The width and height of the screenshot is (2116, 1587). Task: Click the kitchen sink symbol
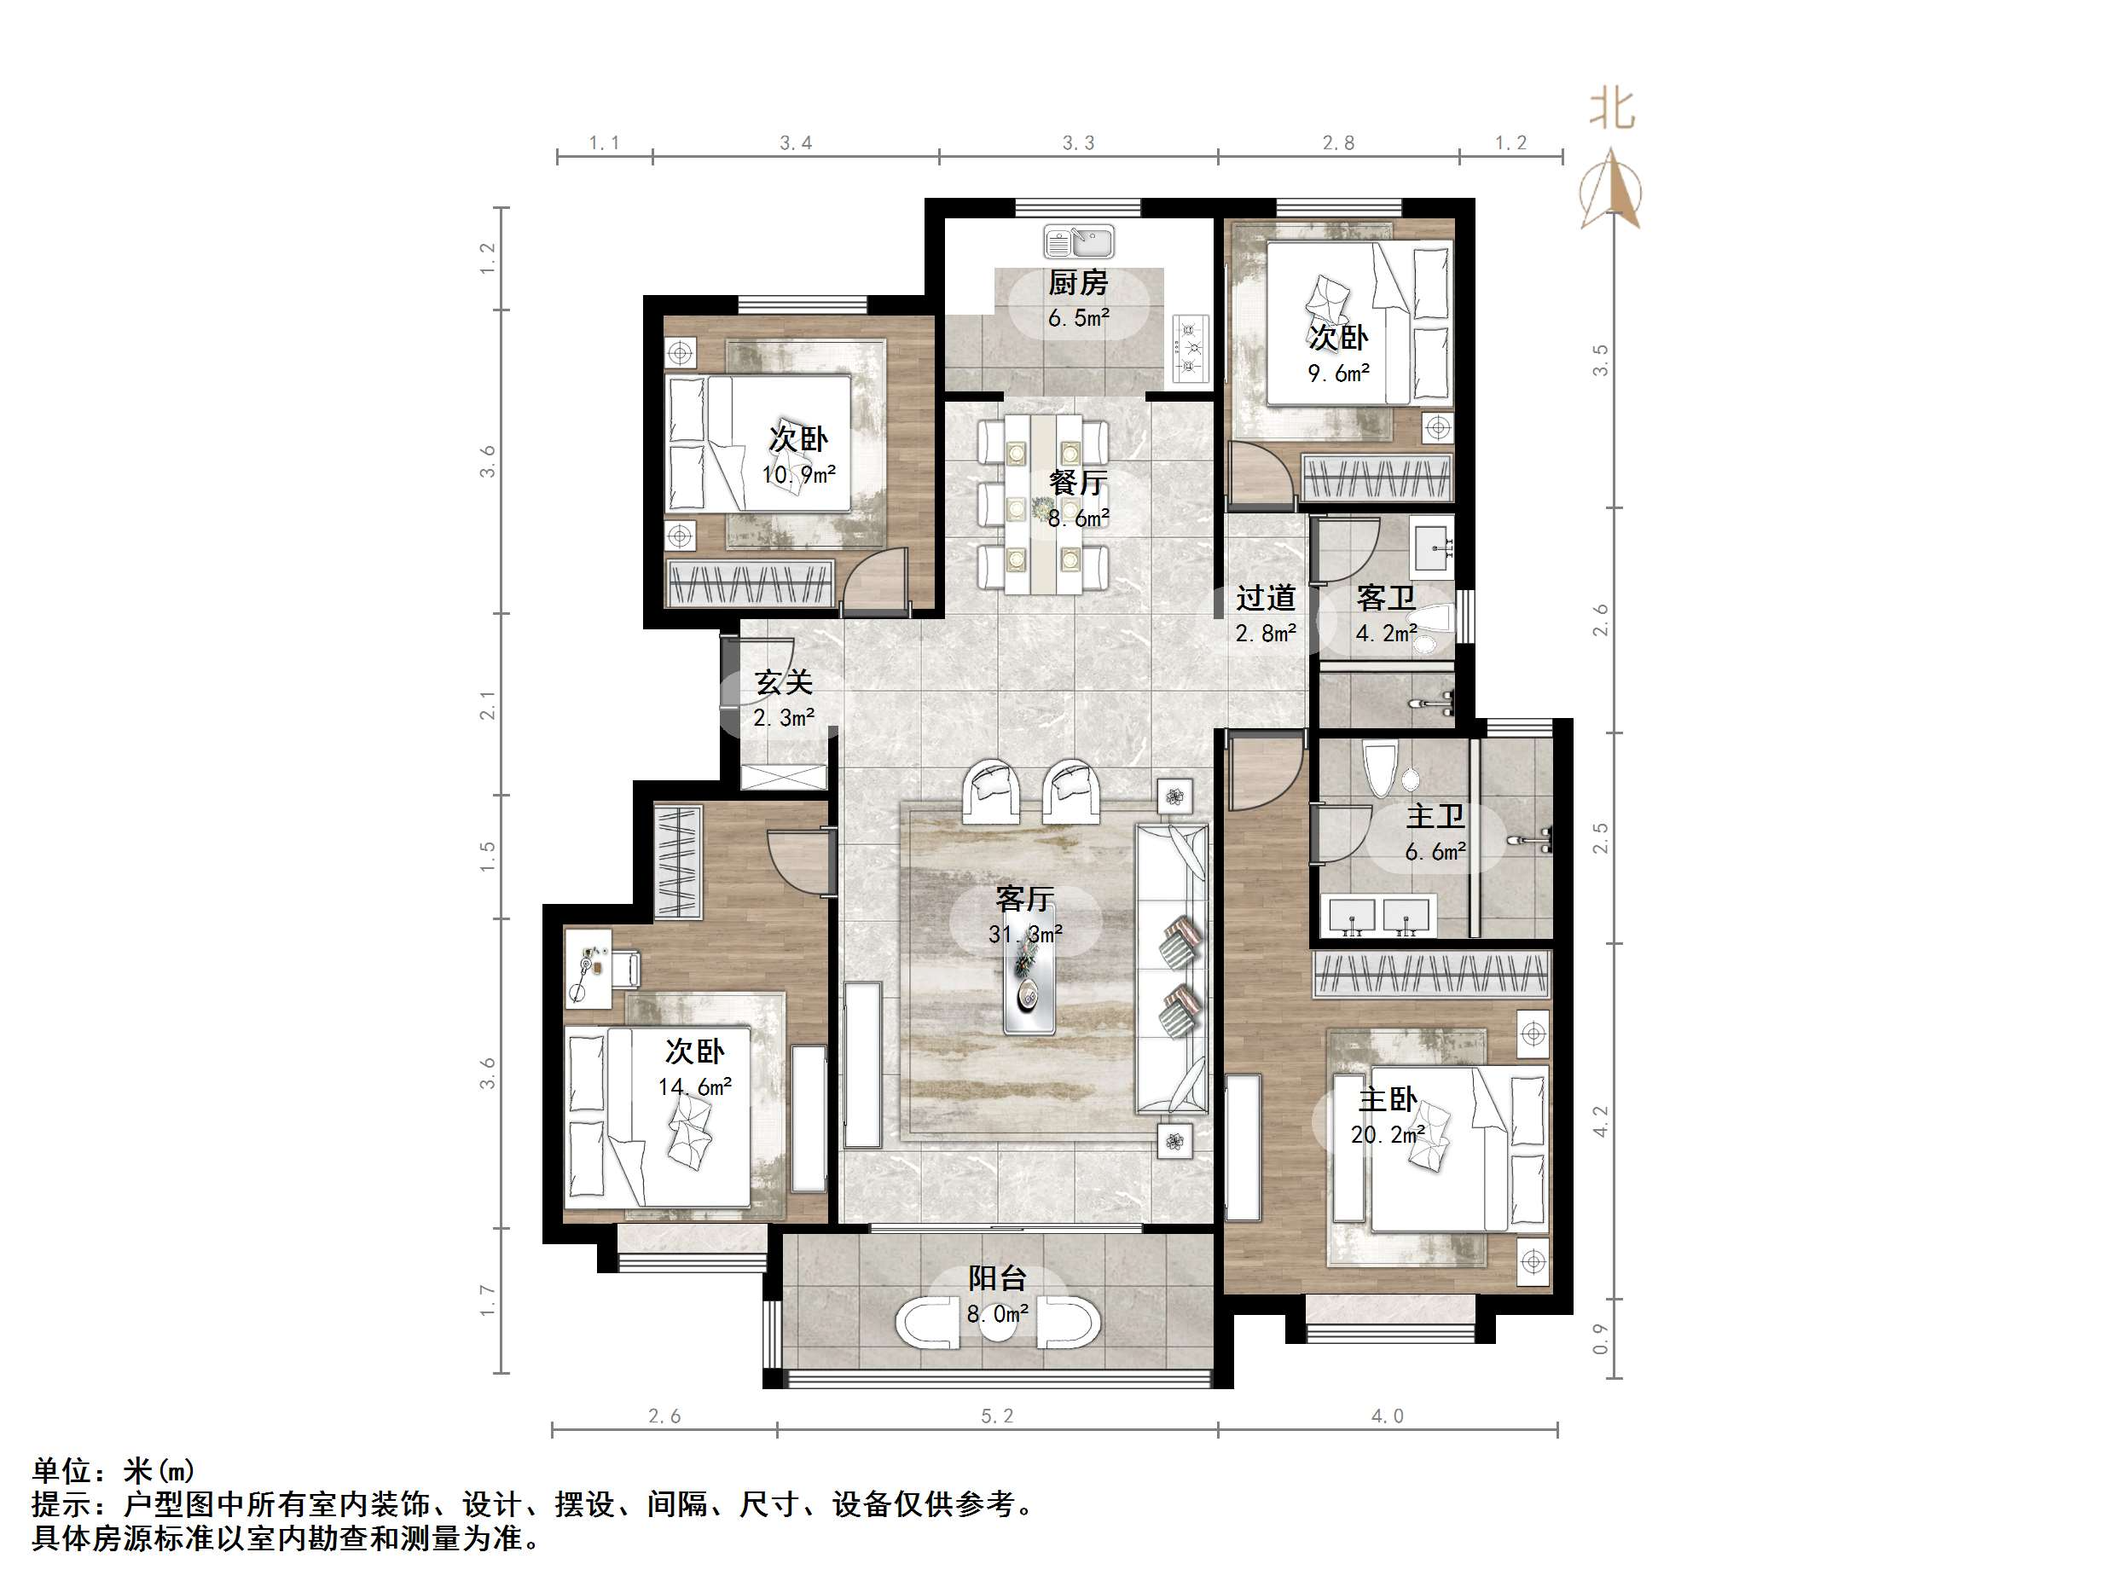tap(1079, 242)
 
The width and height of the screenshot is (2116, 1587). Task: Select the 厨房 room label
tap(1078, 283)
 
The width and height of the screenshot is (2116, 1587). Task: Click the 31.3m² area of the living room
tap(1025, 934)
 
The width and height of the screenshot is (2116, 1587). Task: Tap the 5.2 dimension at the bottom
tap(997, 1416)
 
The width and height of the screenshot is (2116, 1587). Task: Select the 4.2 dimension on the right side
tap(1600, 1121)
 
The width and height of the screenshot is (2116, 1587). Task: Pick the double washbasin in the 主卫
tap(1377, 916)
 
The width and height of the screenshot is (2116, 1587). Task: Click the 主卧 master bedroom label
tap(1387, 1099)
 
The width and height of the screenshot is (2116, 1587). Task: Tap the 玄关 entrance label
tap(784, 683)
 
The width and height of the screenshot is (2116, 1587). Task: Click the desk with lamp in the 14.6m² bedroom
tap(588, 967)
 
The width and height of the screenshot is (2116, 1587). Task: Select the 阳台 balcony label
tap(997, 1278)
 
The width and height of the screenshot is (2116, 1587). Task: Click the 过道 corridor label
tap(1265, 599)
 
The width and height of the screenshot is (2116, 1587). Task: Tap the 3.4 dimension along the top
tap(795, 143)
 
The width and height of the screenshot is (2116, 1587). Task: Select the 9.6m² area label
tap(1338, 373)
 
